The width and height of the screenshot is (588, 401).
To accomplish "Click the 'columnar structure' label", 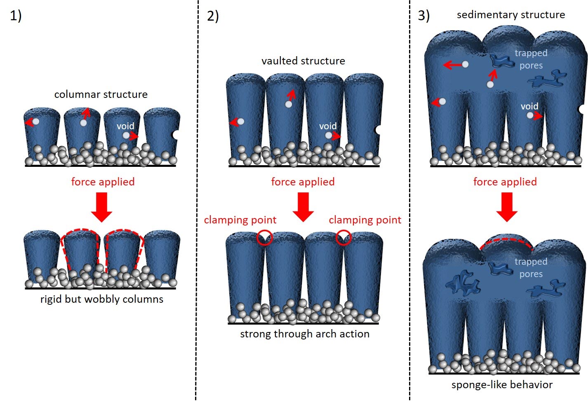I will (101, 94).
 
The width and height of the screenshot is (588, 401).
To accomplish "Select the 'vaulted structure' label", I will (303, 61).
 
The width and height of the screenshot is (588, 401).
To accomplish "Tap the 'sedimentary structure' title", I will (510, 15).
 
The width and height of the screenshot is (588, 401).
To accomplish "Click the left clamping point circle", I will (264, 238).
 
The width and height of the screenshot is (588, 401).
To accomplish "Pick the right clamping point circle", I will (343, 238).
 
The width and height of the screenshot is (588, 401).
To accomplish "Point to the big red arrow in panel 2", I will (303, 207).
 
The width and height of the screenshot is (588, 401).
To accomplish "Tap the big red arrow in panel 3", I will (507, 207).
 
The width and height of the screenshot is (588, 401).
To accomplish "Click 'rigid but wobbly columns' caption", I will (102, 299).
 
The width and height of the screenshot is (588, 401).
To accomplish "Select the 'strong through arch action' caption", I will (305, 334).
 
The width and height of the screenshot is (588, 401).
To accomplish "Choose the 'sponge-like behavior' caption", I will (502, 384).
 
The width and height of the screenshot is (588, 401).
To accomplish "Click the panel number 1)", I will (16, 16).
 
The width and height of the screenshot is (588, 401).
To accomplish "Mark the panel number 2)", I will (213, 16).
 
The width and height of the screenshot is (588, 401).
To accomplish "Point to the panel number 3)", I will (423, 16).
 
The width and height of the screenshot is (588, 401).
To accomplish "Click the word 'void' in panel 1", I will (125, 126).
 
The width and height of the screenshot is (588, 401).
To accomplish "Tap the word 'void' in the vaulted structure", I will (328, 126).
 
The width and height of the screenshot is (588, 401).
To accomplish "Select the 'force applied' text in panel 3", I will (505, 182).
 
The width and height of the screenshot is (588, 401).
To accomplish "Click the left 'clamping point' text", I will (240, 220).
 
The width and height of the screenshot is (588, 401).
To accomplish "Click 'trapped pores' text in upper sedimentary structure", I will (531, 59).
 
